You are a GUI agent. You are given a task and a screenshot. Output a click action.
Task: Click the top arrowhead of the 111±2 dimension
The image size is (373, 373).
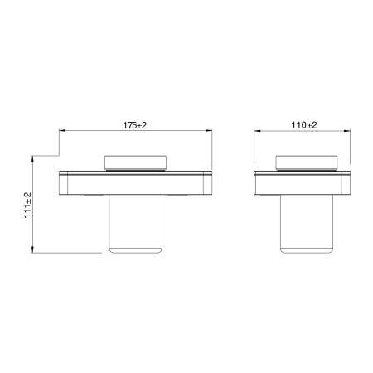(33, 157)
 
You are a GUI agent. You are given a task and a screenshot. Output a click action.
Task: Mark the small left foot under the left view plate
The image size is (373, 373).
(94, 196)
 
